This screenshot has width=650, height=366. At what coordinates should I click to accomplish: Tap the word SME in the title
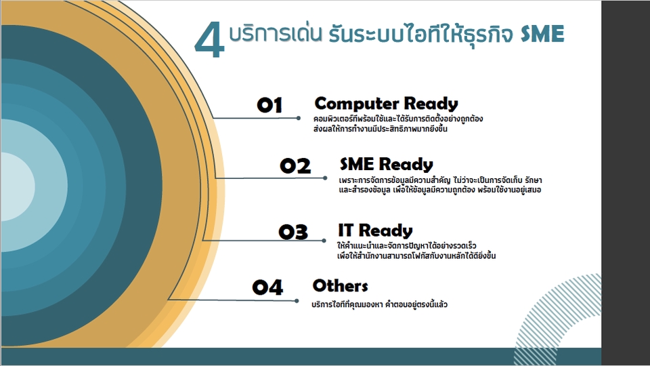(x=542, y=35)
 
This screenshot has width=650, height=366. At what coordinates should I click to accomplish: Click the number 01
(x=269, y=105)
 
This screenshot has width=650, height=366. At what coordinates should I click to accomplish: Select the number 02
(x=295, y=166)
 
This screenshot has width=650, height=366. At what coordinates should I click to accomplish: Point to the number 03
(x=293, y=232)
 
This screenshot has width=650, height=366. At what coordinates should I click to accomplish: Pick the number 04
(x=267, y=287)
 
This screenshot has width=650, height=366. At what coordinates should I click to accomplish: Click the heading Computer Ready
(x=386, y=104)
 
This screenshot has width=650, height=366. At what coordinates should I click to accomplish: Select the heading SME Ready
(x=386, y=164)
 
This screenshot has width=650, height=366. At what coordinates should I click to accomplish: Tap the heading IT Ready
(x=375, y=230)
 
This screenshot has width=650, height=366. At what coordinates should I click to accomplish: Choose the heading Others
(x=340, y=285)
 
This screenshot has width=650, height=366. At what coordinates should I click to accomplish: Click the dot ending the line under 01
(x=299, y=118)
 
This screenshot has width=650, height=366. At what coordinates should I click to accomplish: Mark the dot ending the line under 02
(x=325, y=178)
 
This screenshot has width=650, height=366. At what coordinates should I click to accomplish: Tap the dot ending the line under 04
(x=297, y=300)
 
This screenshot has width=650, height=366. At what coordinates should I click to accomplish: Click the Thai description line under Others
(x=379, y=305)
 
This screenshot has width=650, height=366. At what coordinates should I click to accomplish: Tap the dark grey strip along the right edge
(x=625, y=183)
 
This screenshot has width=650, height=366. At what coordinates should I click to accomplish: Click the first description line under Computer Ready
(x=398, y=119)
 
